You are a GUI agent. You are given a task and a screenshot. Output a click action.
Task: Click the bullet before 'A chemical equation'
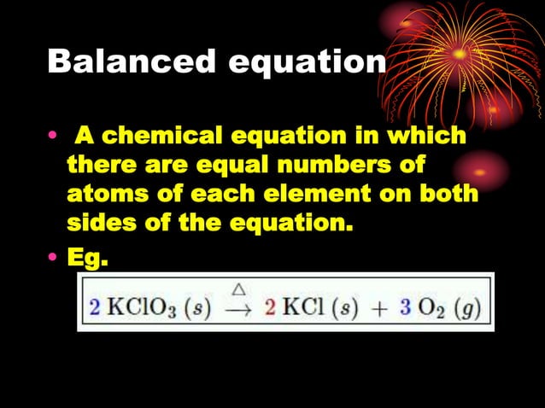[x=54, y=137]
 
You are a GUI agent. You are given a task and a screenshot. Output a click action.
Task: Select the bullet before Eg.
[x=54, y=256]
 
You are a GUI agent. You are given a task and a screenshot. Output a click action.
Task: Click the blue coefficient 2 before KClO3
[x=94, y=307]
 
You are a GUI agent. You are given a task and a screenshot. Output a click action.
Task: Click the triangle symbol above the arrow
[x=239, y=291]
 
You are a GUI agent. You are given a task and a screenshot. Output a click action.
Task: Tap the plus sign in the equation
[x=377, y=308]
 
